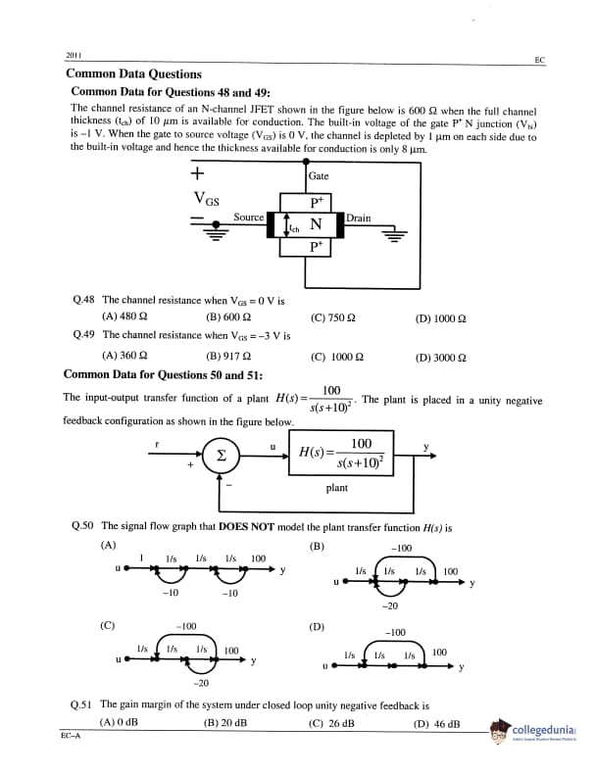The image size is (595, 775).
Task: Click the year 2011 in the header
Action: tap(73, 55)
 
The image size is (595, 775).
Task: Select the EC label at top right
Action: tap(539, 61)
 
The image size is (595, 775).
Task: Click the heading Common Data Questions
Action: tap(133, 73)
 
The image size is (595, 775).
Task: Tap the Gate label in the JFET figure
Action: tap(319, 176)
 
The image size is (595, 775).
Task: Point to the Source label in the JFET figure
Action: tap(249, 218)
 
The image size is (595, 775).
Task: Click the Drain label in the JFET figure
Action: tap(359, 218)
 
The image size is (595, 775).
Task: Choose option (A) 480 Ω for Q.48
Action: tap(124, 317)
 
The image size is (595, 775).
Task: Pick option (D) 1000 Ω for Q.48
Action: tap(441, 317)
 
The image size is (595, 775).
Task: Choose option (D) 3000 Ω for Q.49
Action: tap(441, 357)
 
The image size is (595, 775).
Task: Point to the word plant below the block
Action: tap(336, 488)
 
